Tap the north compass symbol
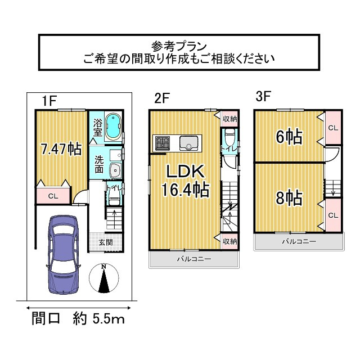[103, 278]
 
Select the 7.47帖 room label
[61, 149]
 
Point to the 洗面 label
[98, 163]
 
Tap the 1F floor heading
[48, 100]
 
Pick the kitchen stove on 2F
[163, 143]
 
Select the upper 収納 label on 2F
[229, 119]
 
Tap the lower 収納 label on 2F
[229, 241]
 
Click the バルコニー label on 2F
[193, 259]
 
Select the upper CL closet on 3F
[332, 128]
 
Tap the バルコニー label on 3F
[299, 241]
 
